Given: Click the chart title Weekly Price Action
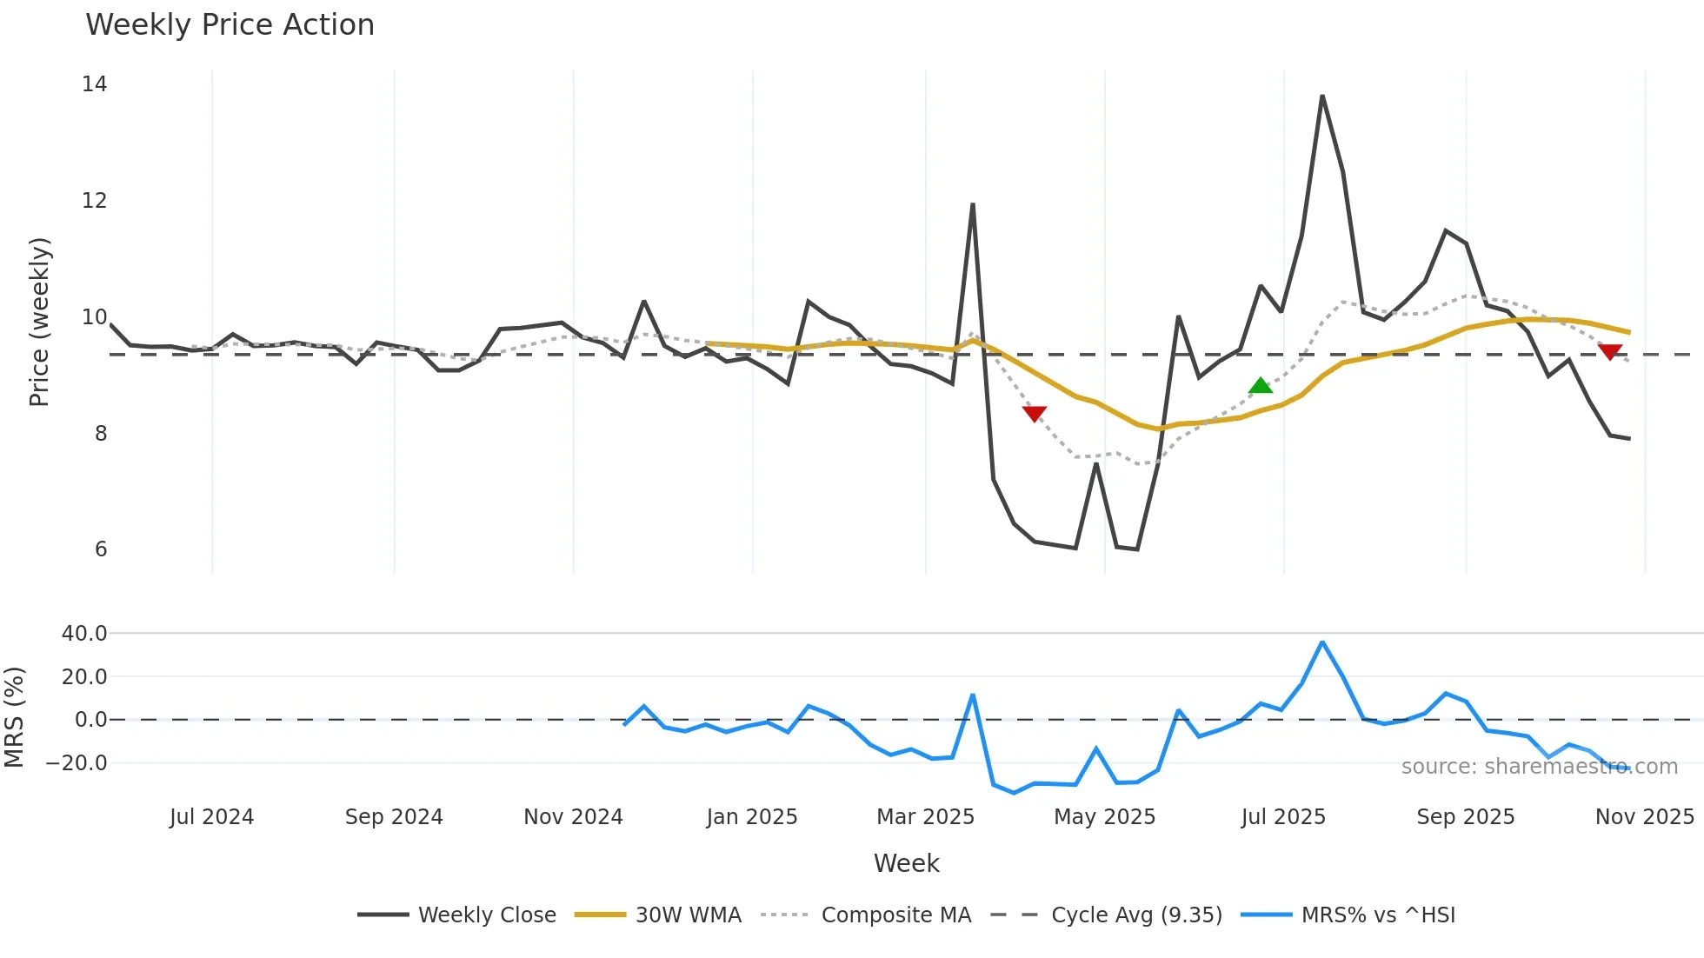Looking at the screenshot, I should pos(230,25).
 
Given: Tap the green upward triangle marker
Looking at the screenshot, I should pos(1261,386).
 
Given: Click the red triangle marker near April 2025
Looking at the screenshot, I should pos(1035,413).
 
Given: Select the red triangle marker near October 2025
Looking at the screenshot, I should pos(1610,351).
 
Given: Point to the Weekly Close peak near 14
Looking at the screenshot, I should pos(1322,96).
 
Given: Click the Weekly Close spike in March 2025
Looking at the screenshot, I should pos(972,205).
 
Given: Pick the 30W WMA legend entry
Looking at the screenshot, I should pos(658,915).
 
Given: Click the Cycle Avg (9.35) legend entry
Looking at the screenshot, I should pos(1106,915).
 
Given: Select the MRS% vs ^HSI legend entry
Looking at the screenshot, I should pos(1348,915).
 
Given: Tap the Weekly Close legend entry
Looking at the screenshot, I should pos(457,915).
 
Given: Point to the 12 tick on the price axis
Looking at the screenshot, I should pos(94,201).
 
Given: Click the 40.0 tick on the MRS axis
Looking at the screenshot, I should pos(84,634).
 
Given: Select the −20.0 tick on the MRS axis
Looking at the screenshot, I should pos(77,763).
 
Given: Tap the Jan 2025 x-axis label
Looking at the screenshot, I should pos(752,817).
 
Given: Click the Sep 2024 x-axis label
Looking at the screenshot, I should pos(394,817).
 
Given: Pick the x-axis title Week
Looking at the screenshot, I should pos(906,863).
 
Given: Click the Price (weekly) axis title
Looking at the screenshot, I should pos(40,322).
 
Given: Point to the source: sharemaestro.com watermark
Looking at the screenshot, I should pos(1539,767).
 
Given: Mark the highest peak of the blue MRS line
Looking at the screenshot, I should pos(1322,642).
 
